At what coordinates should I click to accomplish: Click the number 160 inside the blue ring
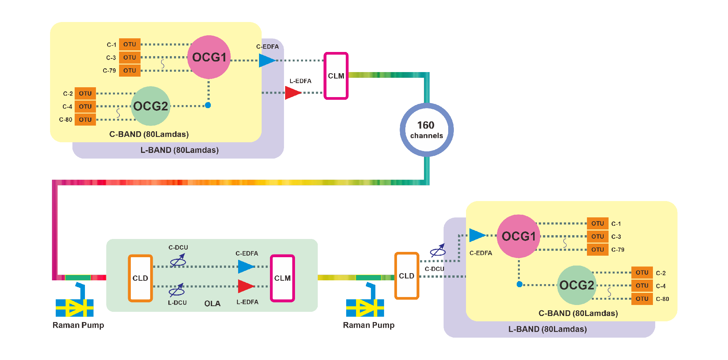pyautogui.click(x=426, y=125)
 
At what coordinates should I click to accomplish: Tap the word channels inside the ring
pyautogui.click(x=427, y=136)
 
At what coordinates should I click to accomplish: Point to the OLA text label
pyautogui.click(x=212, y=303)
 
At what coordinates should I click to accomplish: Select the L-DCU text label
pyautogui.click(x=177, y=303)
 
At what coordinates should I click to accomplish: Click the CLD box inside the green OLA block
pyautogui.click(x=140, y=278)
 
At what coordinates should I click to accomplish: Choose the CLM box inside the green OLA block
pyautogui.click(x=282, y=278)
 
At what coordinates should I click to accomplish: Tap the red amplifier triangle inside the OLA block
pyautogui.click(x=246, y=286)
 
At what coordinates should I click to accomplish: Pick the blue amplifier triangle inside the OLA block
pyautogui.click(x=246, y=267)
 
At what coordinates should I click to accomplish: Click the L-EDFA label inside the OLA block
pyautogui.click(x=247, y=302)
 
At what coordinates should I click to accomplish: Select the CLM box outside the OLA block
pyautogui.click(x=336, y=76)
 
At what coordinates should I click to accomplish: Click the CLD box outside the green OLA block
pyautogui.click(x=406, y=276)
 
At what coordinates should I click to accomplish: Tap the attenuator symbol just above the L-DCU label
pyautogui.click(x=177, y=291)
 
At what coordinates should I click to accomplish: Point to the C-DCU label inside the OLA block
pyautogui.click(x=178, y=247)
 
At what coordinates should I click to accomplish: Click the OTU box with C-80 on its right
pyautogui.click(x=642, y=299)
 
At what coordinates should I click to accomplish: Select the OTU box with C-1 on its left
pyautogui.click(x=130, y=44)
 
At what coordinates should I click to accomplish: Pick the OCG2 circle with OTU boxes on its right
pyautogui.click(x=576, y=285)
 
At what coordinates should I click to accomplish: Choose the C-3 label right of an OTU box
pyautogui.click(x=616, y=237)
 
